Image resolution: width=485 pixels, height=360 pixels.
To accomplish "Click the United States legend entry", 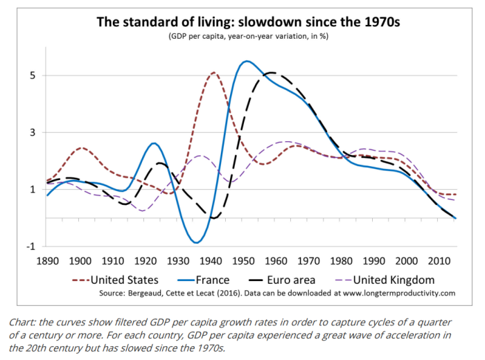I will (125, 280).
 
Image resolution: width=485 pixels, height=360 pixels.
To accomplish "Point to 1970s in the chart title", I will (373, 20).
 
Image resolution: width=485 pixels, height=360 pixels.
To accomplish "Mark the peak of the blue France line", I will (247, 61).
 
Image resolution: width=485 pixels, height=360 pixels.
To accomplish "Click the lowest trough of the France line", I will (197, 242).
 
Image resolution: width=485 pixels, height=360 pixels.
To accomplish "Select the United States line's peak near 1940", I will (213, 72).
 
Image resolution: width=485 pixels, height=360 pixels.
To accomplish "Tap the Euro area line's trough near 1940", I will (213, 218).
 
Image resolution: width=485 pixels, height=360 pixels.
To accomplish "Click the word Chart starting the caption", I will (22, 322).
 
